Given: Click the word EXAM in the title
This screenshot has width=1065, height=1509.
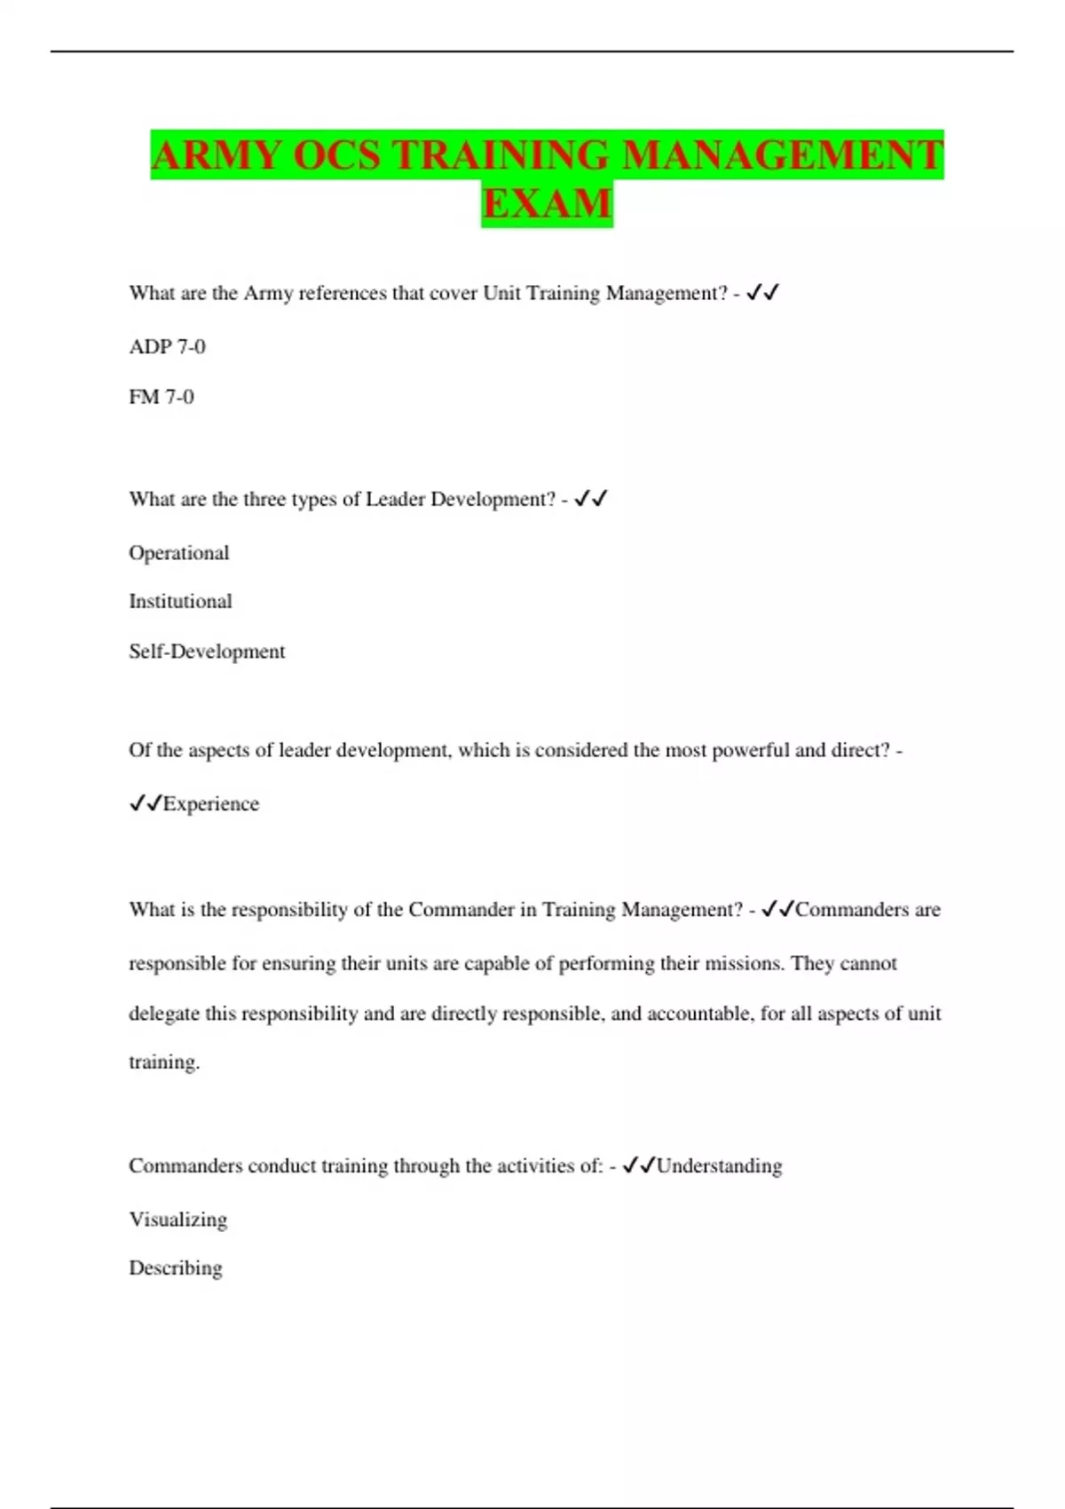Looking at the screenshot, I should point(547,203).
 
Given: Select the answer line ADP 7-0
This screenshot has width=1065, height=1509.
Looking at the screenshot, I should point(167,346).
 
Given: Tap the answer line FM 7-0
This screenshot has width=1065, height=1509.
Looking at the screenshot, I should point(162,397).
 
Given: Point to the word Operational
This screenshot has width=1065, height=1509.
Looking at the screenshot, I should point(179,553).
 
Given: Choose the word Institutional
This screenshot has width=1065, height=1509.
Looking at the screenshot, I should point(180,601).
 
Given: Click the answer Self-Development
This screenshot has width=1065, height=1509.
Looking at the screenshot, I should point(207,652).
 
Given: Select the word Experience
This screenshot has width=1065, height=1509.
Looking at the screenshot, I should point(211,804).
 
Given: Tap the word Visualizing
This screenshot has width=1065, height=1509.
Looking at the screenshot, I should point(178,1220).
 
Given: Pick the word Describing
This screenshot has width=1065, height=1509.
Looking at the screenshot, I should point(176,1268).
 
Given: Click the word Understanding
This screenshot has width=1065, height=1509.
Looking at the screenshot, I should point(719,1165).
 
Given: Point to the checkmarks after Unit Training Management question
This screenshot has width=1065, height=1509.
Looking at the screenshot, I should point(762,292).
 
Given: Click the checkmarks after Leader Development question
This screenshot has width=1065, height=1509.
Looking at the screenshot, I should point(590,499).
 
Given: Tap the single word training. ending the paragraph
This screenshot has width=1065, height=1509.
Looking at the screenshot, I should point(164,1062).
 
